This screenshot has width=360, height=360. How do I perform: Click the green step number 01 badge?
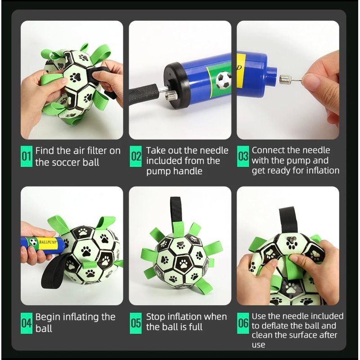pos(27,156)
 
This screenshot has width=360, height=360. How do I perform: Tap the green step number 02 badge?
pos(136,156)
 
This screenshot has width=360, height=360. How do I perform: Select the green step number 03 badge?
pos(243,156)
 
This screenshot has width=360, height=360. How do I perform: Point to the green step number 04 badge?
pos(27,323)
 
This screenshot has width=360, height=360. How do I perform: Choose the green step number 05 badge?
pos(136,323)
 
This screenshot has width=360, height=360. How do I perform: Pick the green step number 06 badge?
pos(243,323)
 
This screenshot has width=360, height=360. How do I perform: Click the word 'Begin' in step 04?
pos(48,317)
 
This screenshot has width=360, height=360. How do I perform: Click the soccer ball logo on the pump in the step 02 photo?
pos(223,81)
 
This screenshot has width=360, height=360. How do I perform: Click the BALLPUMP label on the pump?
pos(48,242)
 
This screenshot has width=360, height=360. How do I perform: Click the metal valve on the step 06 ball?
pos(291,240)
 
